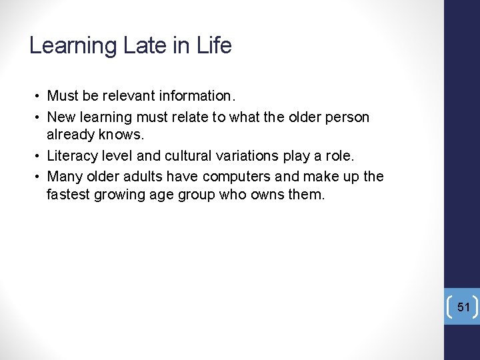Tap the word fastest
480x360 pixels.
click(x=69, y=195)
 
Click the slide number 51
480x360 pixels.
click(x=464, y=307)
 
